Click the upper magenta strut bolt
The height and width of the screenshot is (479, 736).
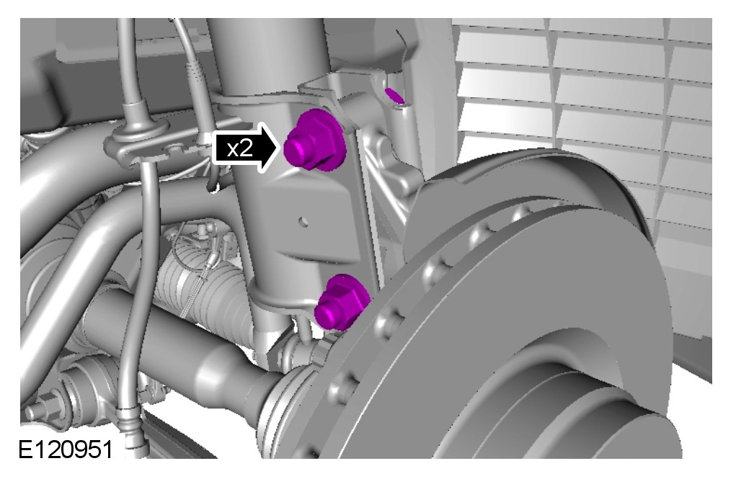tap(314, 140)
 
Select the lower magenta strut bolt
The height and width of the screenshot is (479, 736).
tap(342, 303)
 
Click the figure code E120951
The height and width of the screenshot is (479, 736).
tap(66, 449)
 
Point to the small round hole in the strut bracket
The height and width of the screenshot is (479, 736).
tap(303, 221)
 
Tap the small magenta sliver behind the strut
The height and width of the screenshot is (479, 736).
tap(395, 97)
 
